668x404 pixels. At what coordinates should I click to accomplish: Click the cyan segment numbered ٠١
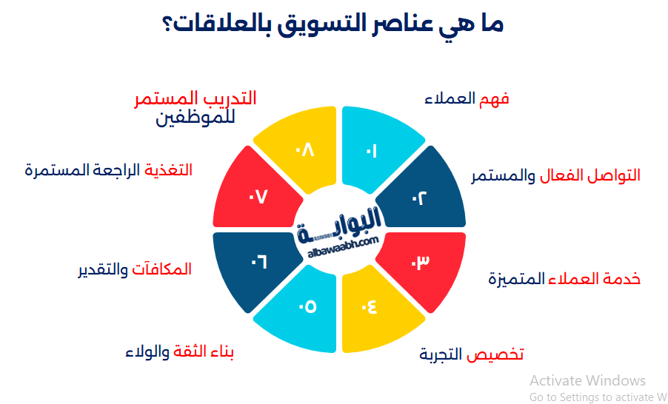point(370,151)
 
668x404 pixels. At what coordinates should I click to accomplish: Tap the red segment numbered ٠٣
point(420,263)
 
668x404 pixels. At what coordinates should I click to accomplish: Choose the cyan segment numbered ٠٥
point(306,306)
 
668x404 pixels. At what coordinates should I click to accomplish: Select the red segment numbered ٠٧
point(257,198)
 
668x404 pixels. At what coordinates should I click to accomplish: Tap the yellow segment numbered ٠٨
point(306,151)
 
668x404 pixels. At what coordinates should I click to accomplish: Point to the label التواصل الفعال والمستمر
point(555,176)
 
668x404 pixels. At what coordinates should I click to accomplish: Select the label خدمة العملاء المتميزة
point(564,279)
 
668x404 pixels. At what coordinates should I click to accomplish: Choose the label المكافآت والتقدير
point(135,269)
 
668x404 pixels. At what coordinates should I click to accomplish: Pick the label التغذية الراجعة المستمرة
point(108,169)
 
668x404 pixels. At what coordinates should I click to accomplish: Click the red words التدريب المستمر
point(195,99)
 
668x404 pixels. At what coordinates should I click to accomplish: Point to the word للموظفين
point(195,118)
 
